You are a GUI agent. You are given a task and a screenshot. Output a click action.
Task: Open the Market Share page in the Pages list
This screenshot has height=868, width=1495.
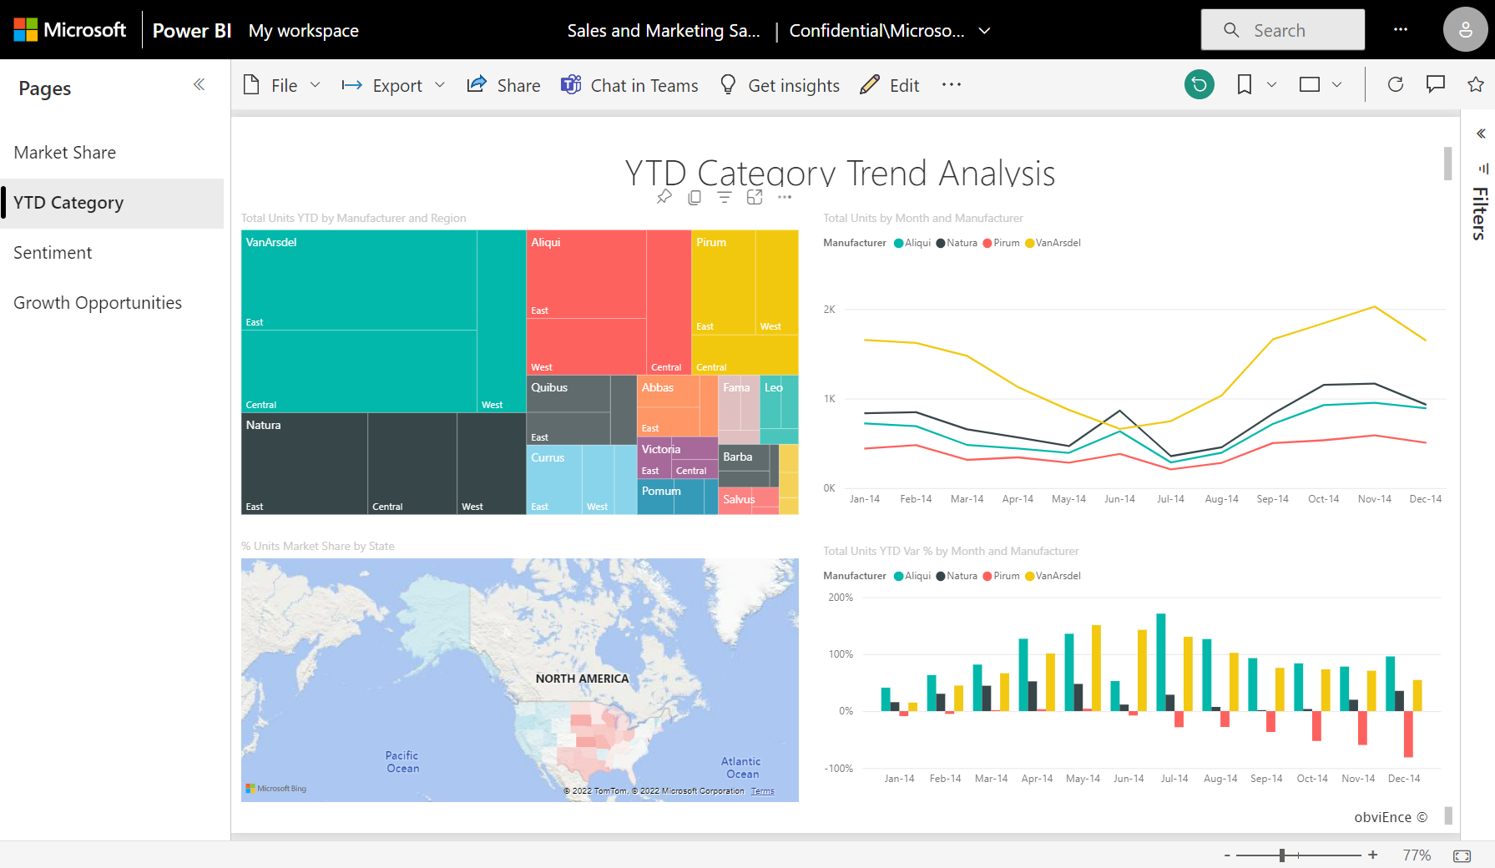[x=65, y=153]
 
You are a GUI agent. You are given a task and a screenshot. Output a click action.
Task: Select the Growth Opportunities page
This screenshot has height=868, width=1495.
[x=98, y=303]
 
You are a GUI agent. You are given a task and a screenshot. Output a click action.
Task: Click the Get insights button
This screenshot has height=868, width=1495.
[x=780, y=85]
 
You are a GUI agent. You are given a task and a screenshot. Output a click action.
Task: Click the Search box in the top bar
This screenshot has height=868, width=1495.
[x=1283, y=31]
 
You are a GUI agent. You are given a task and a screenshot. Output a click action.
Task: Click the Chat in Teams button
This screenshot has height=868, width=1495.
[x=629, y=85]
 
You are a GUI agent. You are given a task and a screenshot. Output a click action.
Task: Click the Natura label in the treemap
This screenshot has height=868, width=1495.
[x=264, y=425]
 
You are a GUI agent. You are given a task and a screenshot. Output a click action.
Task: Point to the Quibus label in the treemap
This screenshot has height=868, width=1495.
[x=549, y=387]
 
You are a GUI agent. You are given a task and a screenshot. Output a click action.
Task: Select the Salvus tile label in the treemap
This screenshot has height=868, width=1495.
[x=739, y=499]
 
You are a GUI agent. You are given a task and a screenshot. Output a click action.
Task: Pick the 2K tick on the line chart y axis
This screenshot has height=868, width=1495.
[x=829, y=310]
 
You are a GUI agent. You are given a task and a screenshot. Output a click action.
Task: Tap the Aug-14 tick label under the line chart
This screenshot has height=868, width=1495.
[x=1221, y=499]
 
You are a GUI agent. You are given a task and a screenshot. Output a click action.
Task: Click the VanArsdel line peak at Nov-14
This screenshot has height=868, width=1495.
[x=1374, y=307]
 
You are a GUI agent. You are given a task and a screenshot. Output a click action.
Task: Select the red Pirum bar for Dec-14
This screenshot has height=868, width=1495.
[x=1408, y=734]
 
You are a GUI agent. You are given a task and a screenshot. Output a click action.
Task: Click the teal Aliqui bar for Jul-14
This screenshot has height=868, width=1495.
[x=1160, y=662]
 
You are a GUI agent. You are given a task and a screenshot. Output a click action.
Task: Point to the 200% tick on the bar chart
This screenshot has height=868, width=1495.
[x=841, y=598]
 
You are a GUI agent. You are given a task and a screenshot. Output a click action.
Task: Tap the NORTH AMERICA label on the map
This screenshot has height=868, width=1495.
[x=582, y=679]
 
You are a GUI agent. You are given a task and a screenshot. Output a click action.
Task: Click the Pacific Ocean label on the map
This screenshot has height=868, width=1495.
[x=402, y=762]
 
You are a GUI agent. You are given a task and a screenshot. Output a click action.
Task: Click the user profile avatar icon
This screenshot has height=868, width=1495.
[x=1465, y=31]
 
